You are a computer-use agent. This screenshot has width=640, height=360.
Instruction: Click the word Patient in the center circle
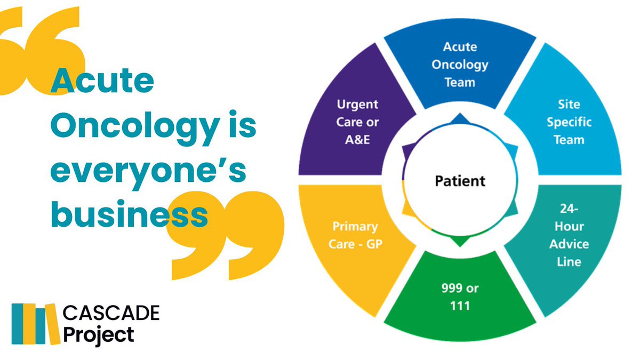[460, 180]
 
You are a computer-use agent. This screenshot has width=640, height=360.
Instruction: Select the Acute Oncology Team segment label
[460, 65]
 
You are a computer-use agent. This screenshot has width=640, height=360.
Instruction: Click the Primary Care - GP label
[355, 235]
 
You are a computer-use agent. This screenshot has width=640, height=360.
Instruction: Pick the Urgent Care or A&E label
[357, 122]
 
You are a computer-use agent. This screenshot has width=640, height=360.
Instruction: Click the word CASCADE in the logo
[111, 314]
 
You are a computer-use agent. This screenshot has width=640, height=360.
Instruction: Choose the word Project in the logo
[99, 335]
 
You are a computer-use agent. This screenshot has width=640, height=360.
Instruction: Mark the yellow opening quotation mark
[37, 51]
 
